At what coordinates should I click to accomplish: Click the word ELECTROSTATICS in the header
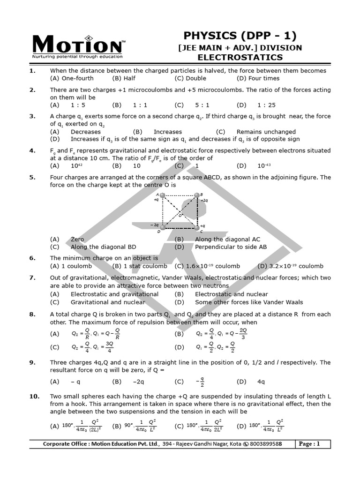pos(240,58)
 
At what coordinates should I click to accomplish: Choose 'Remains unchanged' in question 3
pos(266,132)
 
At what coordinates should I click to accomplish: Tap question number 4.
pos(32,150)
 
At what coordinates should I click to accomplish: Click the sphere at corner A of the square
pos(162,195)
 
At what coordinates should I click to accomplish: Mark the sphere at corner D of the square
pos(162,227)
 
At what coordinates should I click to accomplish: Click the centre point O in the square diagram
pos(179,212)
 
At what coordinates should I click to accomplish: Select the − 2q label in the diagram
pos(154,225)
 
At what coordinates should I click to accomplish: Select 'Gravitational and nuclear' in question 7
pos(108,302)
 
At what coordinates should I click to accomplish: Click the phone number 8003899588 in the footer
pos(266,444)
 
